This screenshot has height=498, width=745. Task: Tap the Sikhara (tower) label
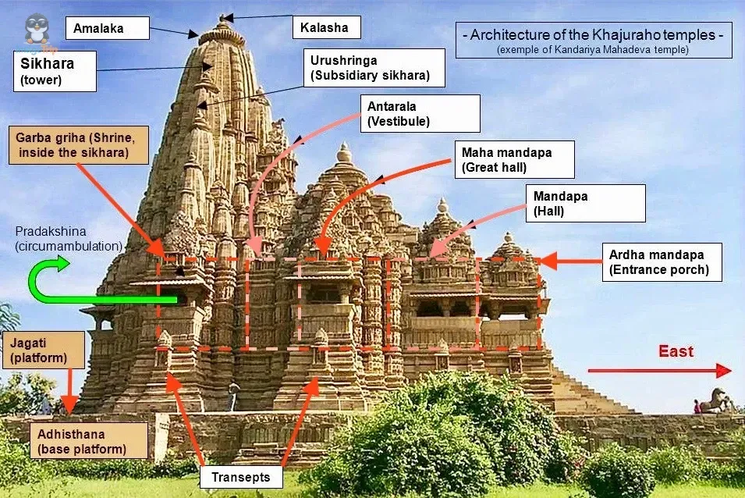(55, 71)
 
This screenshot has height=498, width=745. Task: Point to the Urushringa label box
(374, 68)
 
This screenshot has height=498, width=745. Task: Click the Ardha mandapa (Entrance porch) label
(662, 262)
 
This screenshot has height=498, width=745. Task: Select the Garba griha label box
(78, 144)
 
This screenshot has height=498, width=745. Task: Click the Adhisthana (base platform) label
(88, 441)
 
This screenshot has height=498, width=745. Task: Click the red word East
(676, 351)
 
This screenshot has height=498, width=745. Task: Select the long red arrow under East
(659, 371)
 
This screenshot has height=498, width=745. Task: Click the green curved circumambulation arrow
(78, 285)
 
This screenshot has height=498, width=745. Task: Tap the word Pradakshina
(50, 232)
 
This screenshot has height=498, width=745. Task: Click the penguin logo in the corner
(36, 30)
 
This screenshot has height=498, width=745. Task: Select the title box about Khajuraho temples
(593, 40)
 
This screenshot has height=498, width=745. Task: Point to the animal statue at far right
(715, 400)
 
